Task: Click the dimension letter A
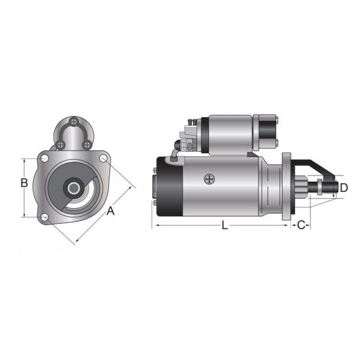click(111, 211)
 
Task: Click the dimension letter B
click(24, 183)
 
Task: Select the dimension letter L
click(225, 225)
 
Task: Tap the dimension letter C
click(301, 225)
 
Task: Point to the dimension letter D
click(344, 188)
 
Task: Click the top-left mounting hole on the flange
click(44, 158)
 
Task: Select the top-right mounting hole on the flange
click(103, 158)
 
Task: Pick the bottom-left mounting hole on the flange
click(45, 218)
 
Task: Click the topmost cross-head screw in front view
click(74, 121)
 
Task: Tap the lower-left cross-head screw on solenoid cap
click(60, 145)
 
